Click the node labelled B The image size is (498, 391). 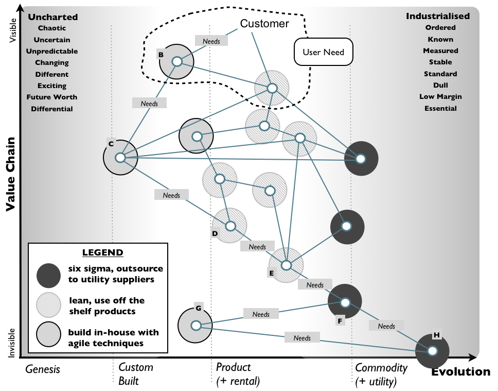tap(177, 61)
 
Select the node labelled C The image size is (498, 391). tap(120, 158)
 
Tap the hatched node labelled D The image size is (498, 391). tap(230, 226)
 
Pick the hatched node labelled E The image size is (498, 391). tap(287, 265)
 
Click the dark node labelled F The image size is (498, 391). tap(345, 302)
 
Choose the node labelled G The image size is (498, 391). tap(195, 326)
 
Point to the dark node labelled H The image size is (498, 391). tap(433, 351)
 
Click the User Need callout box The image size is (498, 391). tap(323, 52)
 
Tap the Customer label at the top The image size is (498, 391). tap(264, 24)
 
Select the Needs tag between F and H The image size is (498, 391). tap(386, 326)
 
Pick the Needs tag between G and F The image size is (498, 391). tap(261, 314)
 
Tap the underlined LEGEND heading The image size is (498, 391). tap(102, 252)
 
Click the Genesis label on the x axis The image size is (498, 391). tap(43, 369)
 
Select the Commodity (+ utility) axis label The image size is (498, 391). tap(381, 375)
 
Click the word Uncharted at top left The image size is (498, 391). tap(52, 17)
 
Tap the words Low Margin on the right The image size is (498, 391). tap(440, 97)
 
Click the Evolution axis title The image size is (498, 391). tap(460, 372)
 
